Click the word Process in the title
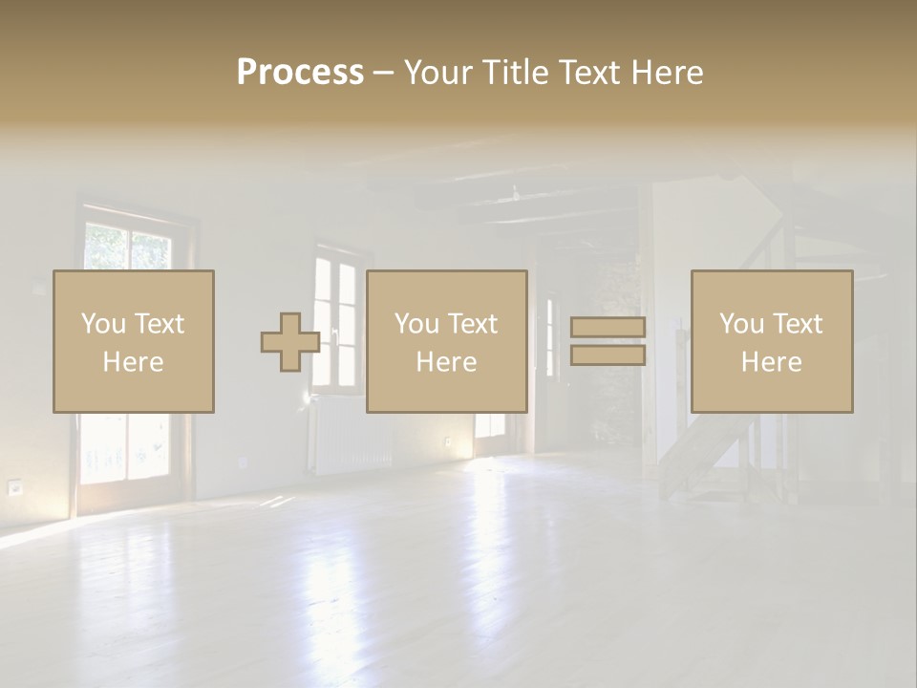(300, 73)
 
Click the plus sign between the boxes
(290, 342)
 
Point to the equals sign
(608, 341)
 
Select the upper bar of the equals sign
(608, 328)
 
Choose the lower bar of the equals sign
(608, 355)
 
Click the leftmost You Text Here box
(134, 342)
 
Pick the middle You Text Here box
(447, 342)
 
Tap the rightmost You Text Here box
(772, 342)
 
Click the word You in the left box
(104, 324)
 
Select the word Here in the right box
(772, 362)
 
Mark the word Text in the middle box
(473, 324)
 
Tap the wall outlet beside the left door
(14, 487)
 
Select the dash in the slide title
(383, 73)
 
